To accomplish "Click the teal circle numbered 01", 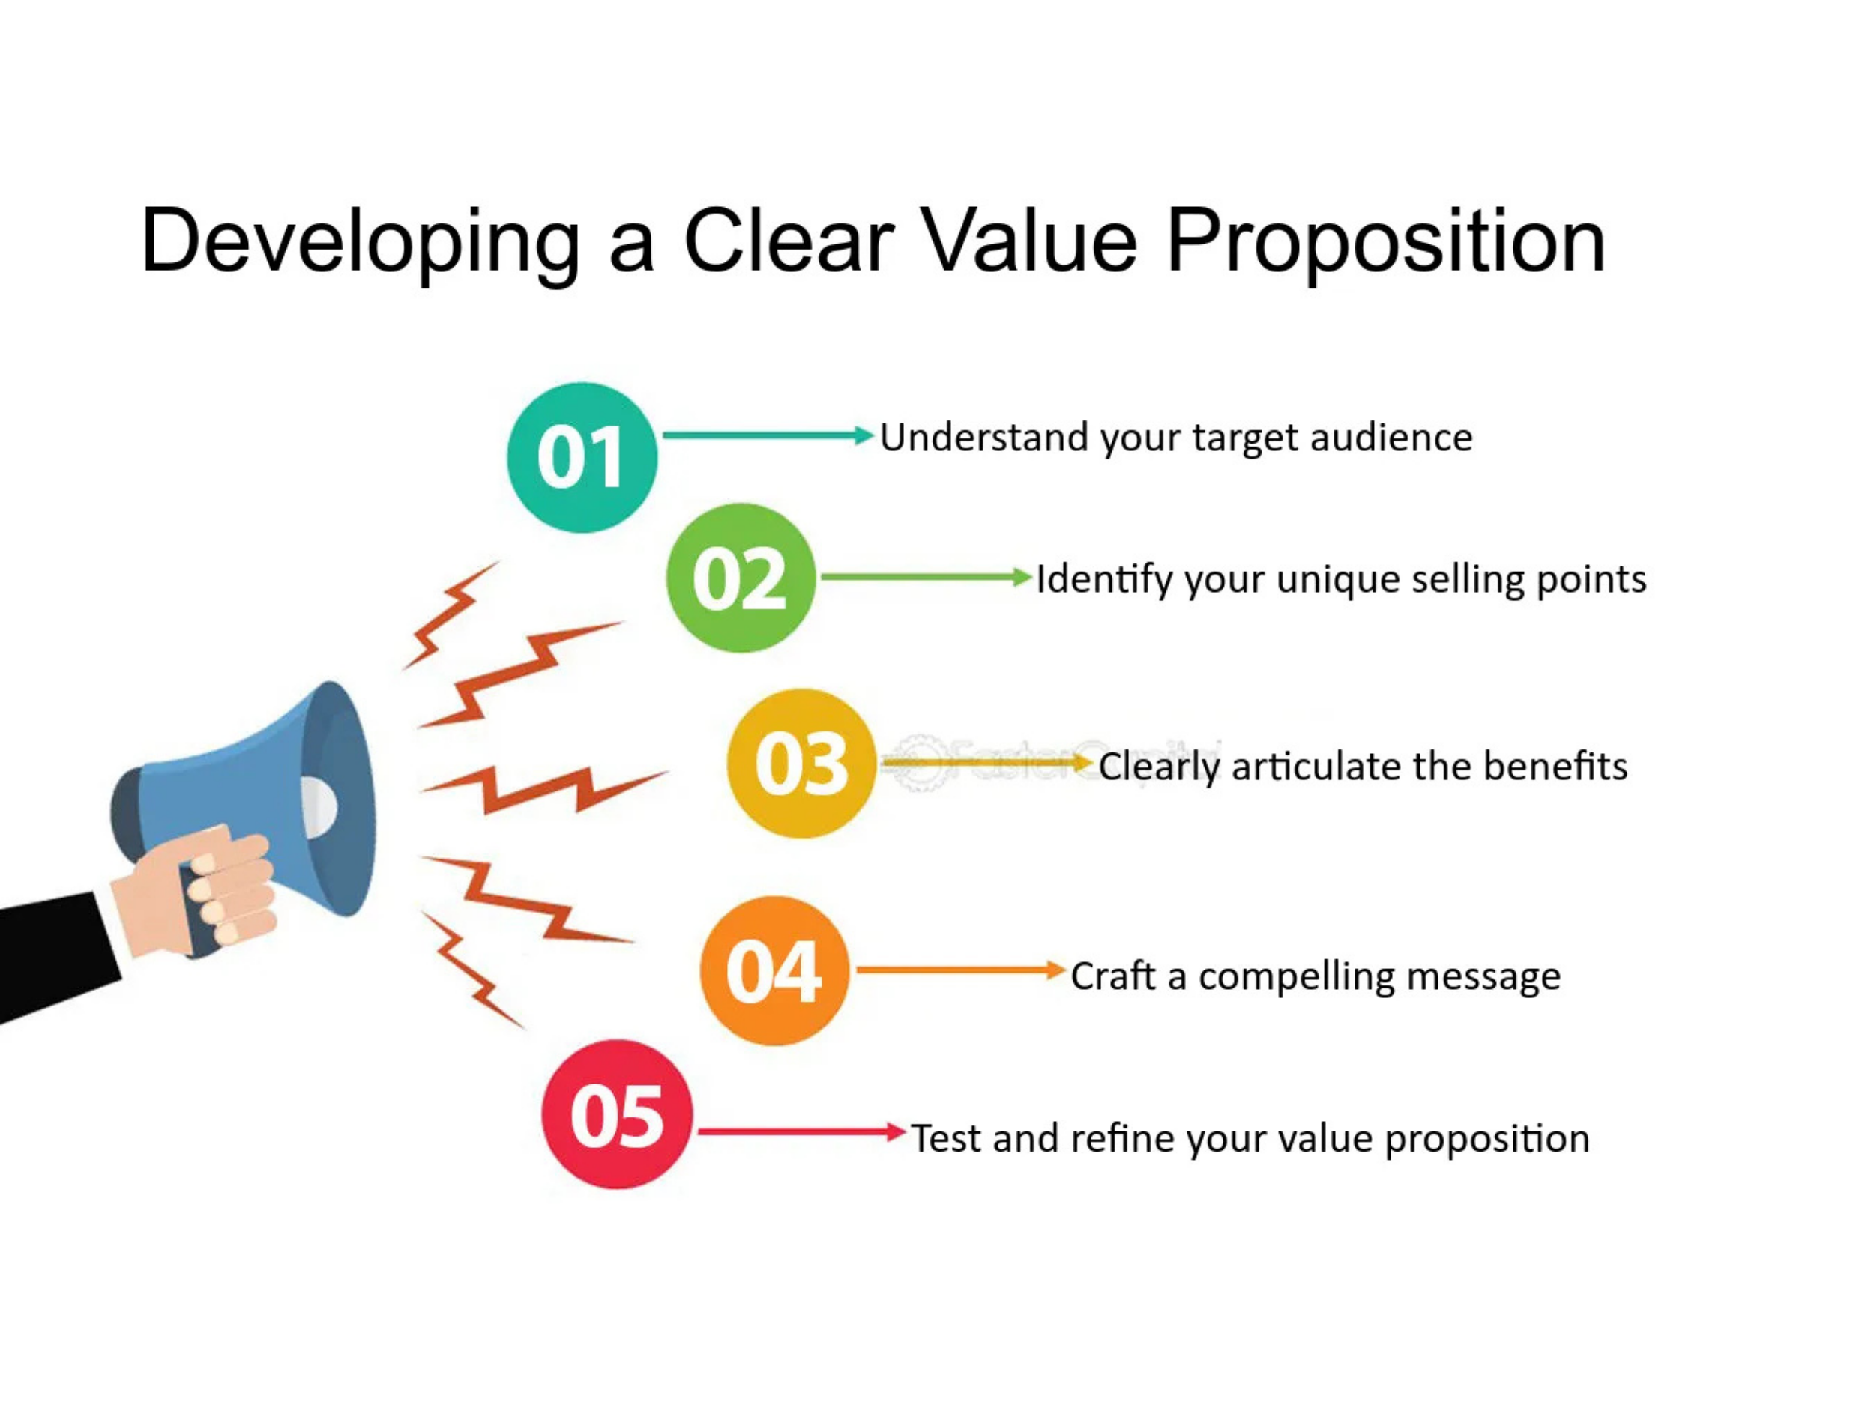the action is pos(582,457).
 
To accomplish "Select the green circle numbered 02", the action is pos(741,578).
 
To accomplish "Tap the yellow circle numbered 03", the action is pos(801,763).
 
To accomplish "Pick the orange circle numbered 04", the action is pos(774,970).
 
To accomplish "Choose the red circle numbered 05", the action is pos(617,1114).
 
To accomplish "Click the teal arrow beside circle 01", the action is pos(768,435).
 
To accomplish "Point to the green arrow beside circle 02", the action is pos(927,578).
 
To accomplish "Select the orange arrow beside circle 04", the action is pos(961,970).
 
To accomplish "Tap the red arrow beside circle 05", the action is pos(801,1131).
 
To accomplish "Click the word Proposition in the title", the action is pos(1386,242).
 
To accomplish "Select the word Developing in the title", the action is pos(361,242).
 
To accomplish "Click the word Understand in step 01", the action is pos(983,437).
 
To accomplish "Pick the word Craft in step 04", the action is pos(1113,975).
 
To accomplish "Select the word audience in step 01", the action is pos(1391,437).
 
